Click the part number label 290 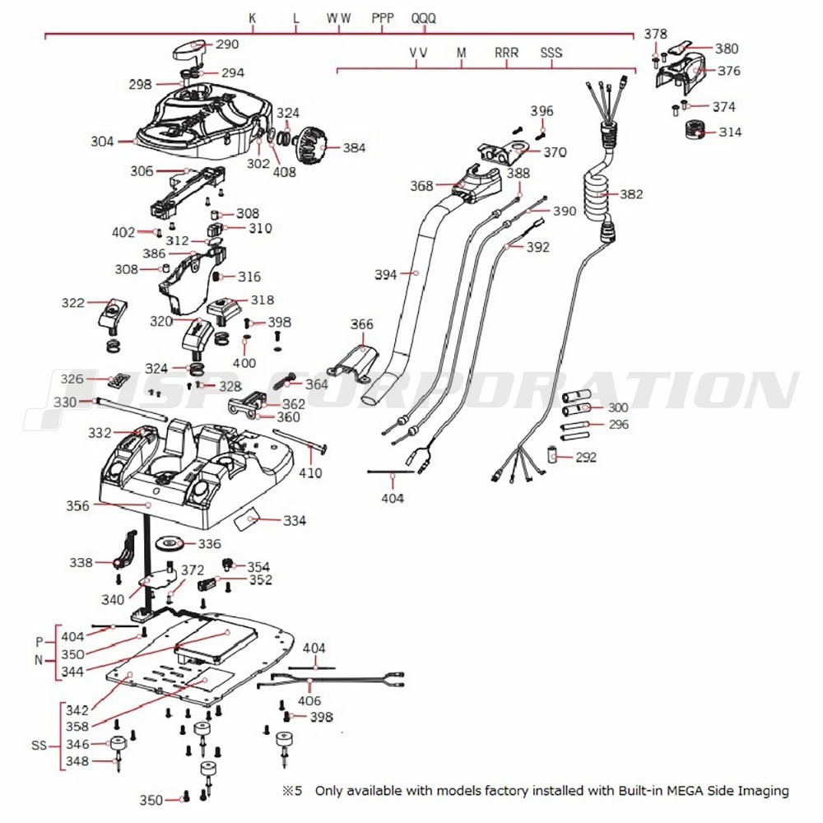tap(227, 44)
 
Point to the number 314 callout tap(729, 132)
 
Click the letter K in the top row tap(253, 17)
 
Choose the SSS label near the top tap(551, 53)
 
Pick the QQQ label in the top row tap(424, 17)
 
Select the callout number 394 tap(385, 274)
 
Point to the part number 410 tap(310, 473)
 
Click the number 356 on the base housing tap(78, 506)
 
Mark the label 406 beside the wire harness tap(309, 701)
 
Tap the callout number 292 tap(586, 457)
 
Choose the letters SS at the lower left tap(40, 746)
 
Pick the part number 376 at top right tap(728, 71)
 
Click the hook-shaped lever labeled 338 tap(125, 551)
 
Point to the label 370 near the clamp tap(555, 152)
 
